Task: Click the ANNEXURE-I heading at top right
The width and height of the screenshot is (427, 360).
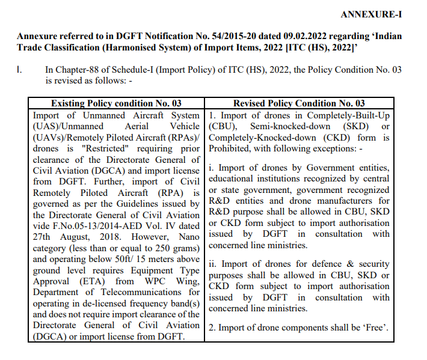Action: click(370, 14)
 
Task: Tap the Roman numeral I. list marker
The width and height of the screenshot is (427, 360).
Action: click(20, 70)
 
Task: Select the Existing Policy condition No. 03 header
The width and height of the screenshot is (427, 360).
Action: click(116, 103)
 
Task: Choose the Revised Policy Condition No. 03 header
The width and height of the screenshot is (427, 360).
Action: click(299, 103)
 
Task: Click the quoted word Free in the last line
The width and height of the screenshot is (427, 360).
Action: click(372, 328)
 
